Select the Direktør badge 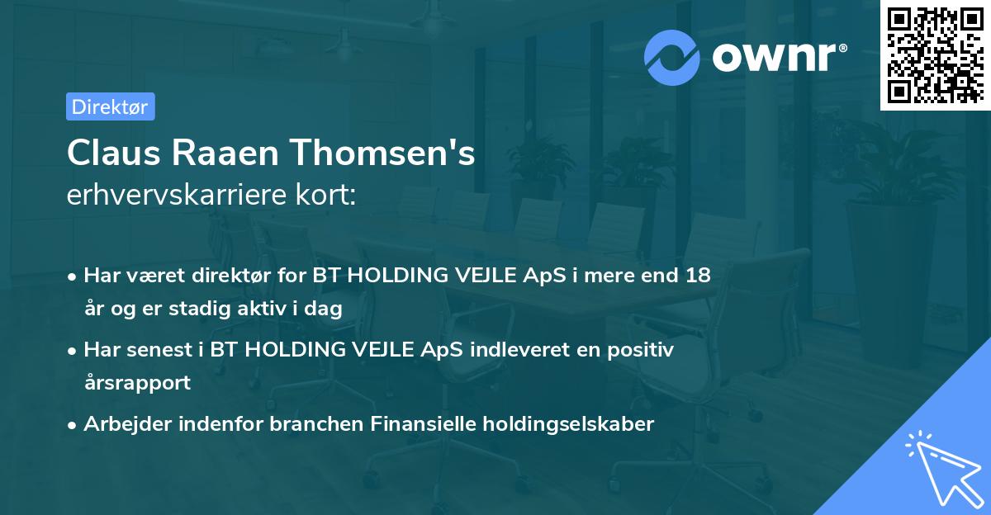point(110,106)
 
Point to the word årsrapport point(137,383)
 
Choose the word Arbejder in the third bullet point(125,424)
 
